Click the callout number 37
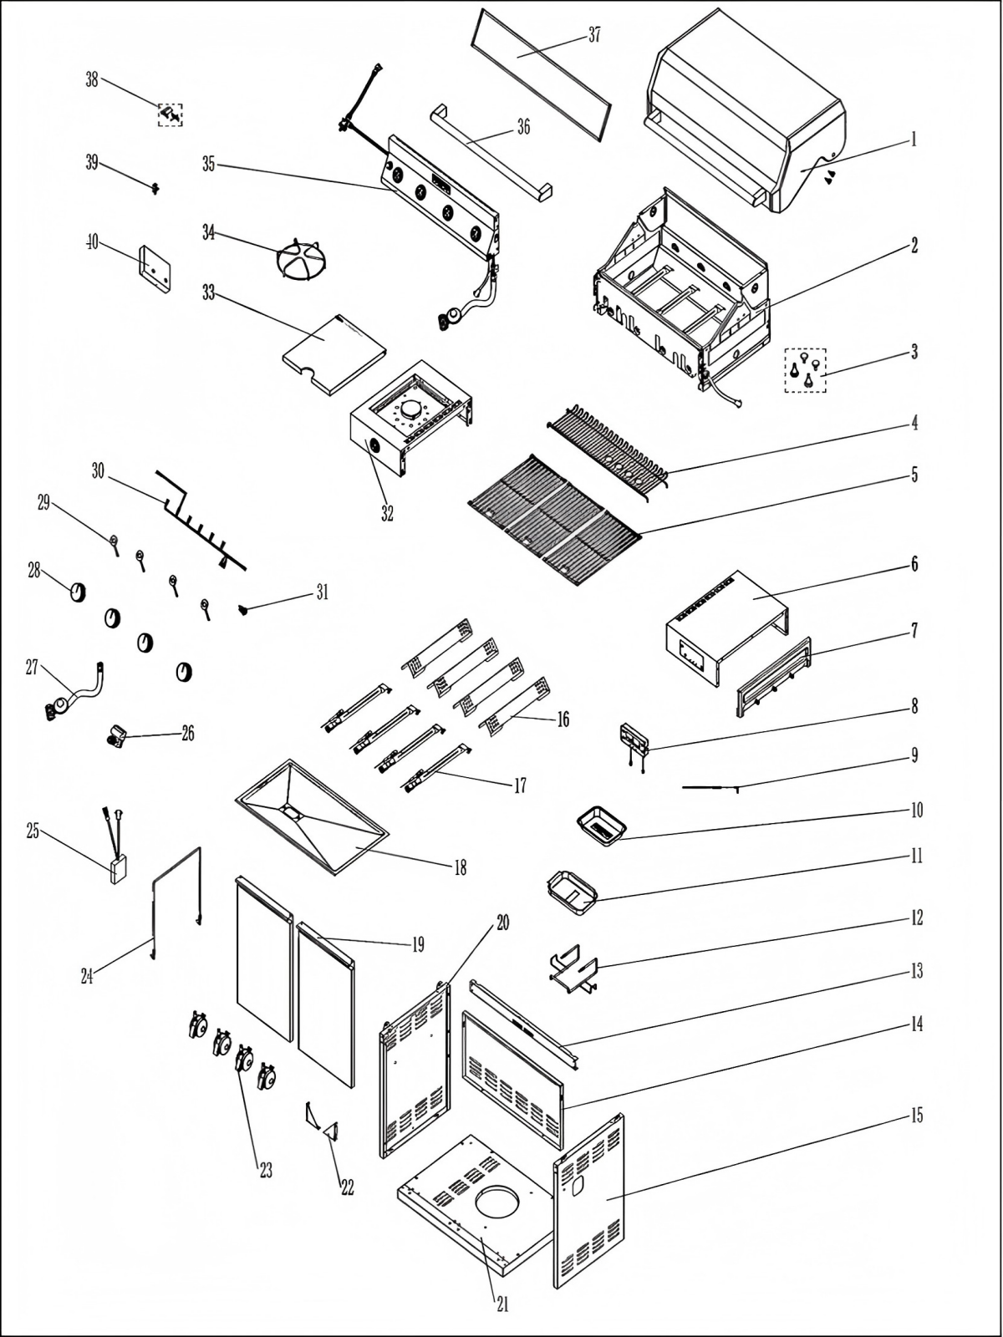click(593, 35)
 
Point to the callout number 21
click(502, 1304)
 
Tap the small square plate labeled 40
click(155, 269)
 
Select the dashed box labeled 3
click(805, 370)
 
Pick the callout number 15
click(916, 1116)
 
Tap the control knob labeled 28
click(77, 592)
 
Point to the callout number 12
click(916, 918)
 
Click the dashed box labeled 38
click(171, 114)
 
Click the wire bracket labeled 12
click(573, 969)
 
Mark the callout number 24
click(87, 974)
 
